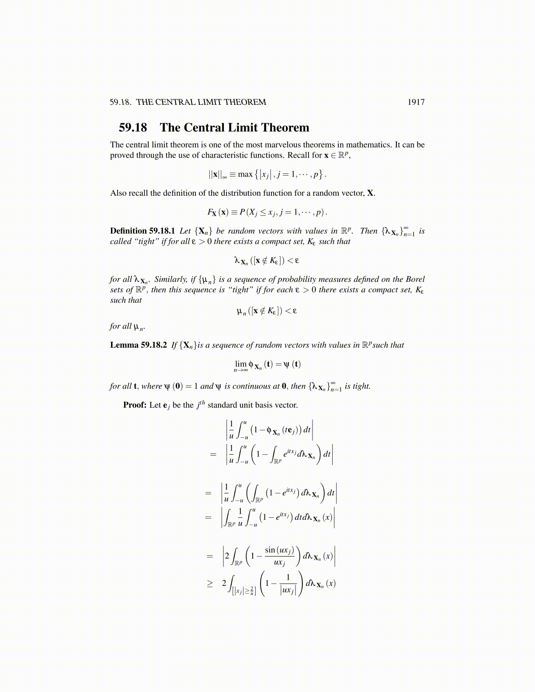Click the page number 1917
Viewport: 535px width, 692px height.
[x=416, y=102]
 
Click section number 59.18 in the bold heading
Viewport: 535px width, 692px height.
[x=133, y=128]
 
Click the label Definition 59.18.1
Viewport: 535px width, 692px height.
[x=142, y=231]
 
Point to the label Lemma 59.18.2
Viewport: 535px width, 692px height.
[x=138, y=345]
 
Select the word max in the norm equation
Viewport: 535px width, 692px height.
[x=245, y=174]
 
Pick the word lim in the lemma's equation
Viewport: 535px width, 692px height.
[x=240, y=364]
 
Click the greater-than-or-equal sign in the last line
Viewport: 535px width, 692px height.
[x=210, y=584]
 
